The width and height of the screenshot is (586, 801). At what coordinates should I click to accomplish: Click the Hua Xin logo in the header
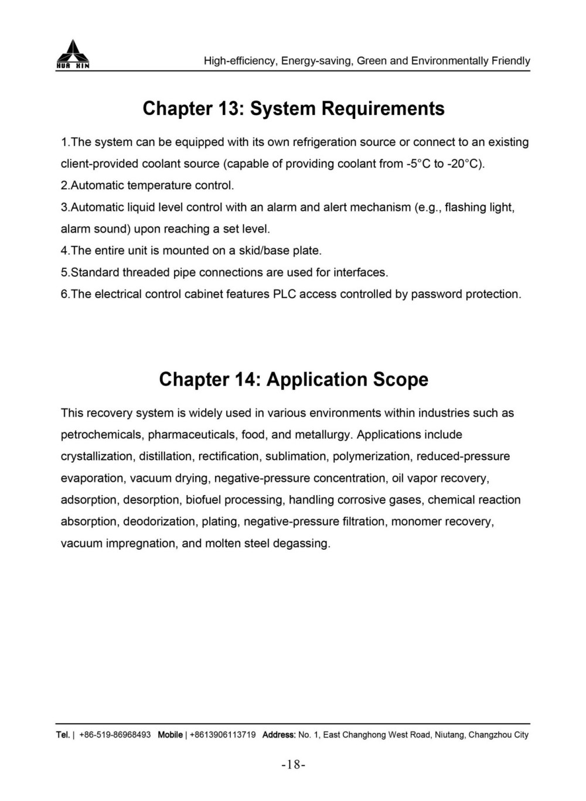73,54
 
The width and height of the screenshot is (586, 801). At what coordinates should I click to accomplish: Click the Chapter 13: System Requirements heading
294,108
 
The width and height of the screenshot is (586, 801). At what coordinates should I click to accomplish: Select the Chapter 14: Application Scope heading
294,379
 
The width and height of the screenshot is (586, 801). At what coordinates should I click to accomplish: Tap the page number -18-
294,764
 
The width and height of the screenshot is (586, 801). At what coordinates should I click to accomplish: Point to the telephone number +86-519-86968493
115,735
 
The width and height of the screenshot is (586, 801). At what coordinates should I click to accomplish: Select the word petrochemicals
101,435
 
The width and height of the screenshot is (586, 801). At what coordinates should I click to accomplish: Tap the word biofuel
203,500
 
